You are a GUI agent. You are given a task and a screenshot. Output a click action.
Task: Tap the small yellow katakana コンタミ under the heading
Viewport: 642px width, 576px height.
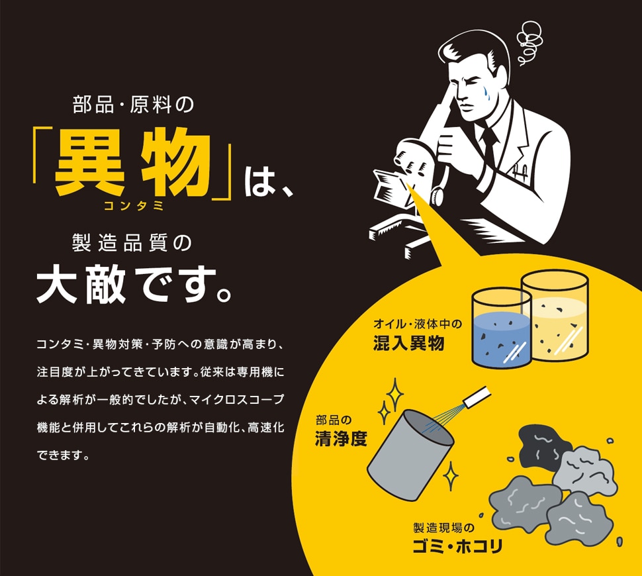[134, 205]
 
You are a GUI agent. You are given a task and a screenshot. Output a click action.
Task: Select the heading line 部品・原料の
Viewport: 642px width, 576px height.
[134, 105]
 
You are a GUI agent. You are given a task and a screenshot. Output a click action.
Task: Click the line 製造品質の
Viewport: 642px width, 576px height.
[132, 242]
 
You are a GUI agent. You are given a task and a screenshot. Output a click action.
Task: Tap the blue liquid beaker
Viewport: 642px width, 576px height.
[501, 328]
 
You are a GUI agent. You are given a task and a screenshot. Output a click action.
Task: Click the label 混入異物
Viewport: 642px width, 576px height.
[408, 343]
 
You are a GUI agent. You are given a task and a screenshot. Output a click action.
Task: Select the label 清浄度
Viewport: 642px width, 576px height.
[341, 439]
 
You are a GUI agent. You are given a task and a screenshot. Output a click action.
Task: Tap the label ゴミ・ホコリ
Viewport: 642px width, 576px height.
[457, 546]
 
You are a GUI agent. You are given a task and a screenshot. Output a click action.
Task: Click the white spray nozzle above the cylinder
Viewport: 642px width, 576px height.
[477, 396]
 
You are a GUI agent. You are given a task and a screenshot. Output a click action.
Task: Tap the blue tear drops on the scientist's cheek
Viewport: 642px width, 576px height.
[485, 93]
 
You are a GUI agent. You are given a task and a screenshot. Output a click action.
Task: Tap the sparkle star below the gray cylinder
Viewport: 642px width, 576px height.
[450, 475]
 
